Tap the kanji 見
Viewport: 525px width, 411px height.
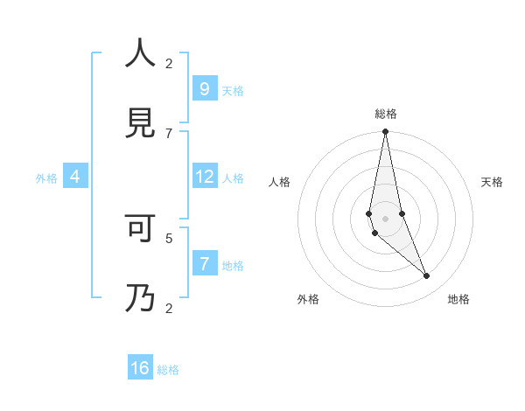coord(140,122)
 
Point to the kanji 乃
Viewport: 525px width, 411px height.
coord(140,298)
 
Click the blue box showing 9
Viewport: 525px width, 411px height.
coord(204,88)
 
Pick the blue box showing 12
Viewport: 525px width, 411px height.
coord(204,177)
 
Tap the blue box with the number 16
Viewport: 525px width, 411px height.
coord(140,368)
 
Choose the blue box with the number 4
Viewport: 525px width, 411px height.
coord(75,177)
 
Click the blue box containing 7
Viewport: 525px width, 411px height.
coord(204,264)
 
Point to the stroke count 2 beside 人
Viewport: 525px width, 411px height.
coord(169,63)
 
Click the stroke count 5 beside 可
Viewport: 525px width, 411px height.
coord(169,237)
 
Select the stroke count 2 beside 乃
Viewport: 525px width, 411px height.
coord(169,308)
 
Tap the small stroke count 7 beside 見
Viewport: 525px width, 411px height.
coord(169,133)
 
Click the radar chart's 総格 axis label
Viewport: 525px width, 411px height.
coord(385,114)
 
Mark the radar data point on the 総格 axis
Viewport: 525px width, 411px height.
coord(385,132)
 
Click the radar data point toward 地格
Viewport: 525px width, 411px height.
coord(427,276)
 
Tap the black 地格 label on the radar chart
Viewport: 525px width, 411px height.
coord(458,299)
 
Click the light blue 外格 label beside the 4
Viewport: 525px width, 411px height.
coord(46,178)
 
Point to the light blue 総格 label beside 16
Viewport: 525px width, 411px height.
coord(168,370)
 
